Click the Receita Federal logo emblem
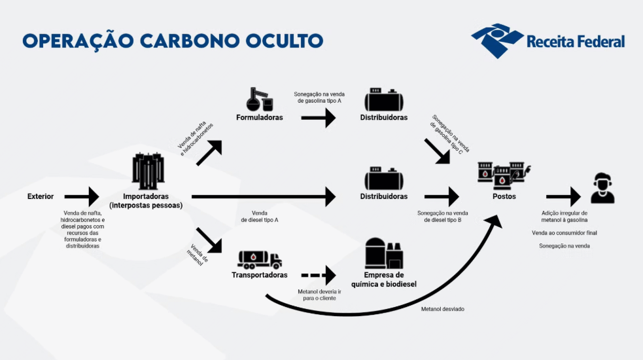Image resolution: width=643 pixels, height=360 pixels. [497, 40]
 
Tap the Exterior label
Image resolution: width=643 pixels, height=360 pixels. [40, 196]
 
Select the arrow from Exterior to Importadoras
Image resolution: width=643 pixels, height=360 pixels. [82, 196]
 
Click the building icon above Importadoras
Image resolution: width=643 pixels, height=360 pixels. [148, 171]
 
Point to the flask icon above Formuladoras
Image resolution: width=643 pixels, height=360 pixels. [260, 99]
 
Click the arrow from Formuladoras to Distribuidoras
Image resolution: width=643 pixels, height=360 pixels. [319, 118]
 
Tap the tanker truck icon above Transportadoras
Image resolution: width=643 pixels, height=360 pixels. [260, 260]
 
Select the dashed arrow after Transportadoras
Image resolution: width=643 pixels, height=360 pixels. [319, 275]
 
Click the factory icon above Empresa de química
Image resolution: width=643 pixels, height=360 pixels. [384, 253]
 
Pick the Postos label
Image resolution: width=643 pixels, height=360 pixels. [504, 196]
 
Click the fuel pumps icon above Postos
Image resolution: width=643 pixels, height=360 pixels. [504, 175]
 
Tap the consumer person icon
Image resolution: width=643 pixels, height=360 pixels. [602, 188]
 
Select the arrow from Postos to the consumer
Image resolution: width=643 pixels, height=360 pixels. [563, 196]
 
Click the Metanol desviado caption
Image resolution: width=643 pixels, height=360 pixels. [442, 309]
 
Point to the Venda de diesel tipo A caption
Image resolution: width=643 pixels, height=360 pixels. [260, 217]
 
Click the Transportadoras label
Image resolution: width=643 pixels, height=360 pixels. [260, 275]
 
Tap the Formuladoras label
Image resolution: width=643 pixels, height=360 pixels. [260, 117]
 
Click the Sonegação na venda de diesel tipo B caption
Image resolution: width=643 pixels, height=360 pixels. [442, 217]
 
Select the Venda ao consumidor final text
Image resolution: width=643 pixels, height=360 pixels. [565, 233]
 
